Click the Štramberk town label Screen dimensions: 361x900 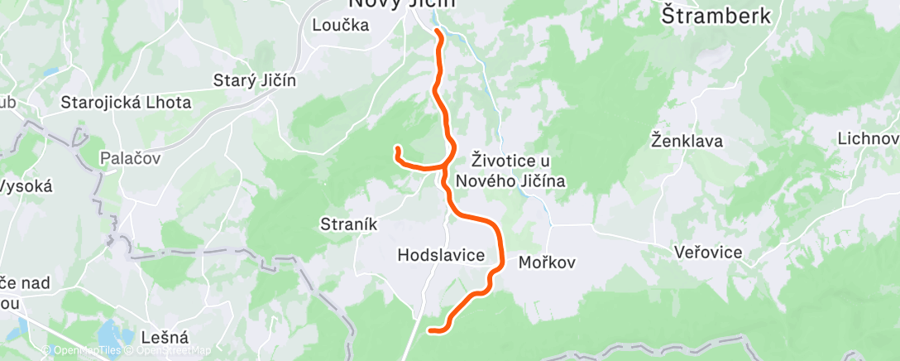click(717, 16)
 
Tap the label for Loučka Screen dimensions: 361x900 click(340, 25)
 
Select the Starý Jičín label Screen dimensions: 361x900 click(255, 80)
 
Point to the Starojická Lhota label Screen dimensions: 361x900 click(127, 103)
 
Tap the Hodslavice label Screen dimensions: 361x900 click(441, 255)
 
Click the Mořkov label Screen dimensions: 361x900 click(546, 262)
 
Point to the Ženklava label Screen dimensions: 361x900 click(687, 141)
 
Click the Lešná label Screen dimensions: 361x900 click(165, 337)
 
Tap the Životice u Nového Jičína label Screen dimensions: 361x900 click(518, 168)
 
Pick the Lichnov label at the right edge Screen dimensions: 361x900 click(869, 138)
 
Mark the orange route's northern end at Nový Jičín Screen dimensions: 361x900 click(436, 32)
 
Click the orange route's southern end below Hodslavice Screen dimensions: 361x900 click(430, 330)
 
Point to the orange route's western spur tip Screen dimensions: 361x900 click(398, 149)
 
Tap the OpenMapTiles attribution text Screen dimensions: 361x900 click(80, 350)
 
